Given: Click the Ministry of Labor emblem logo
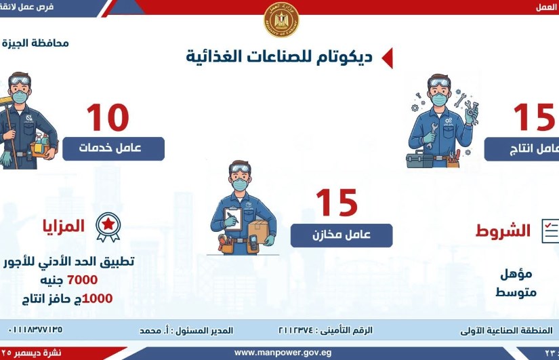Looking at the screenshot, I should tap(281, 20).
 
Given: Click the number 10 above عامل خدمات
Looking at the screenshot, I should tap(107, 118).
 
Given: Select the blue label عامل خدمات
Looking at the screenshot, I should tap(113, 148).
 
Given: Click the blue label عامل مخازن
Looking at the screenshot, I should tap(341, 235).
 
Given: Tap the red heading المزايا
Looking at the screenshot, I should tap(64, 226).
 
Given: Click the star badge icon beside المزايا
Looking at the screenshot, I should tap(108, 227).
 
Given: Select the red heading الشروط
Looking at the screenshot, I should tap(503, 231).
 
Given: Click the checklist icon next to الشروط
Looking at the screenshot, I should tap(550, 231).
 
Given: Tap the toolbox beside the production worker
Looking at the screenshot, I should tap(419, 160).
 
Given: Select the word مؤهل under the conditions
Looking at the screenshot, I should tap(516, 274).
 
